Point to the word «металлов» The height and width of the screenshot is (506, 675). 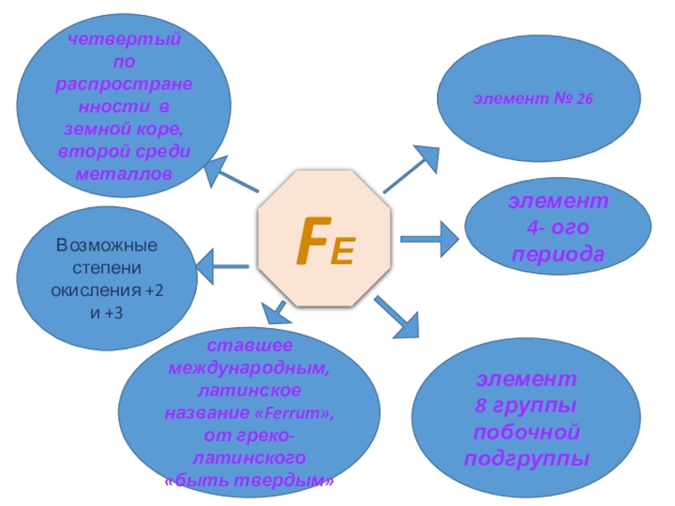coord(124,172)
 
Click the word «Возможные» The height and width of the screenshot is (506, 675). coord(107,246)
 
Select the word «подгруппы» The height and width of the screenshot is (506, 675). coord(525,459)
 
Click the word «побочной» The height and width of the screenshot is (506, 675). coord(525,432)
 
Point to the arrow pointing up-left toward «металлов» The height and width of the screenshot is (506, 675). coord(232,175)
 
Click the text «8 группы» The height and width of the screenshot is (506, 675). coord(524,405)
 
